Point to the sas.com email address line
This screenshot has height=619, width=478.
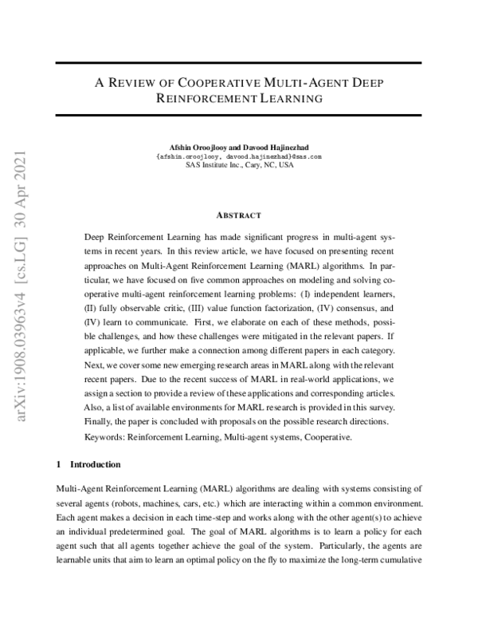(239, 157)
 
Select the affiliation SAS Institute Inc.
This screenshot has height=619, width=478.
(215, 166)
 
